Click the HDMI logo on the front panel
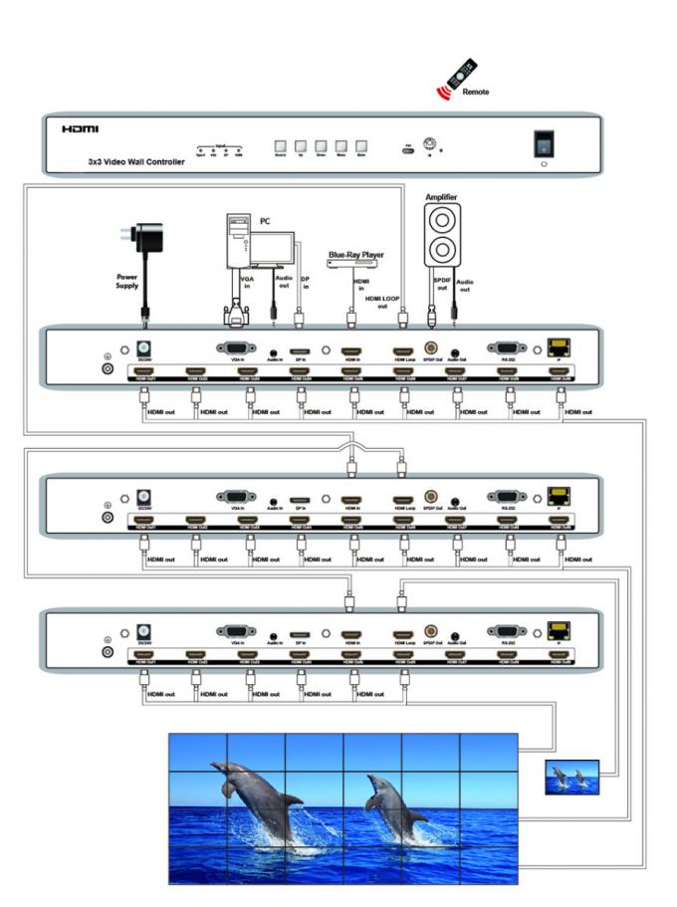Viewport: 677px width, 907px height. (80, 129)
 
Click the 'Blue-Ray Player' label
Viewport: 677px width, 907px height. (355, 255)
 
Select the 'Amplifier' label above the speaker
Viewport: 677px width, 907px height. (441, 197)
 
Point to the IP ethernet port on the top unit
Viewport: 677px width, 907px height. (558, 349)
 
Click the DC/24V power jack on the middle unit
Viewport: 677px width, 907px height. (142, 496)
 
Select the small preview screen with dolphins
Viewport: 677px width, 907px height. (572, 777)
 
